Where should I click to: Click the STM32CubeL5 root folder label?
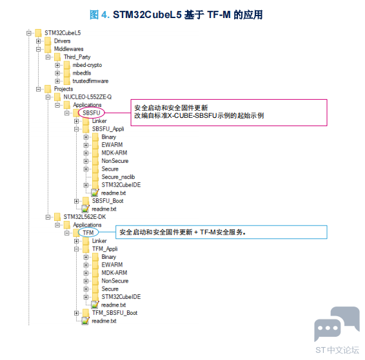63,33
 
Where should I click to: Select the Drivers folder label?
62,41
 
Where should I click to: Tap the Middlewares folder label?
68,49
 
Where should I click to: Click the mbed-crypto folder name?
87,65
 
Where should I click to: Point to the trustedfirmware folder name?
90,81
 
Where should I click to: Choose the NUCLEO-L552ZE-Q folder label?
88,97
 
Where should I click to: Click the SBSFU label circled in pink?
92,113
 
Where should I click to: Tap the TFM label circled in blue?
88,232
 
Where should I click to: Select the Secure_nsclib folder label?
118,177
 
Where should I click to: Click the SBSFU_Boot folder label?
108,201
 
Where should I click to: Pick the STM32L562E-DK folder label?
84,217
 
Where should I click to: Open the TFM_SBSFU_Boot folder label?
115,313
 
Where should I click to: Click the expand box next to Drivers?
39,41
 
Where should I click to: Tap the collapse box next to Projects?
39,89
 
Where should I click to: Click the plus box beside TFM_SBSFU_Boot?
76,313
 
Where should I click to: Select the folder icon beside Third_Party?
57,57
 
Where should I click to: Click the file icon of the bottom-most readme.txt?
85,321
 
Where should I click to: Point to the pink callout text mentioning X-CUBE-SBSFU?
199,115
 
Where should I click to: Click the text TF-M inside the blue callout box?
208,232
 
